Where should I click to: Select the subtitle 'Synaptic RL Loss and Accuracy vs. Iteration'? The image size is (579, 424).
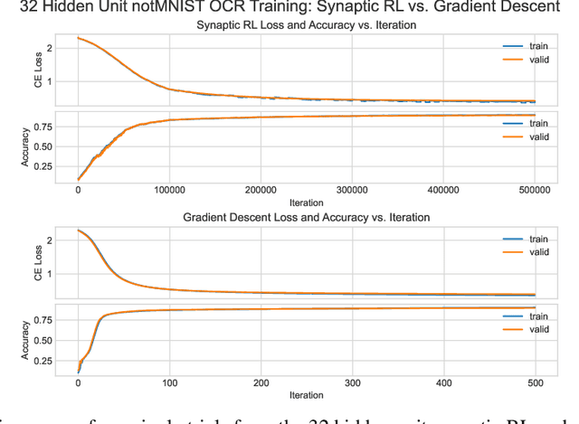point(306,25)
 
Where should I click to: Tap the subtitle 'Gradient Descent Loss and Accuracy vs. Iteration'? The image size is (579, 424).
point(306,218)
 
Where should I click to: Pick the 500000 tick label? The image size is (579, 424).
point(535,191)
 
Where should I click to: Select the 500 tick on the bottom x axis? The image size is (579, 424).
point(535,383)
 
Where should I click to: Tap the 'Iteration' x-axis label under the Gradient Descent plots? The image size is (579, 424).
point(306,395)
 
